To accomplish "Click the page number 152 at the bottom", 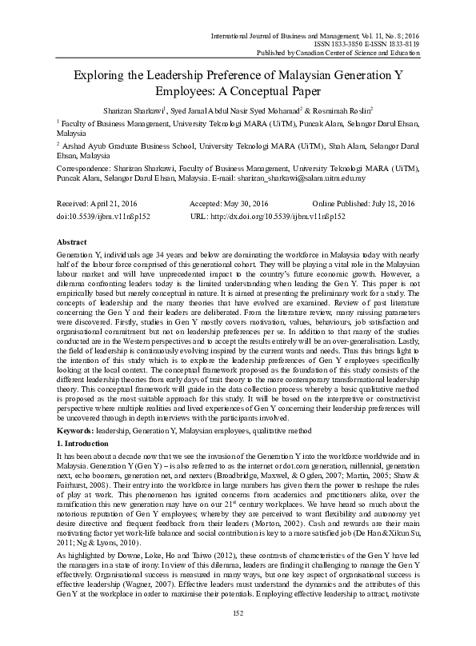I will (x=238, y=634).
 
